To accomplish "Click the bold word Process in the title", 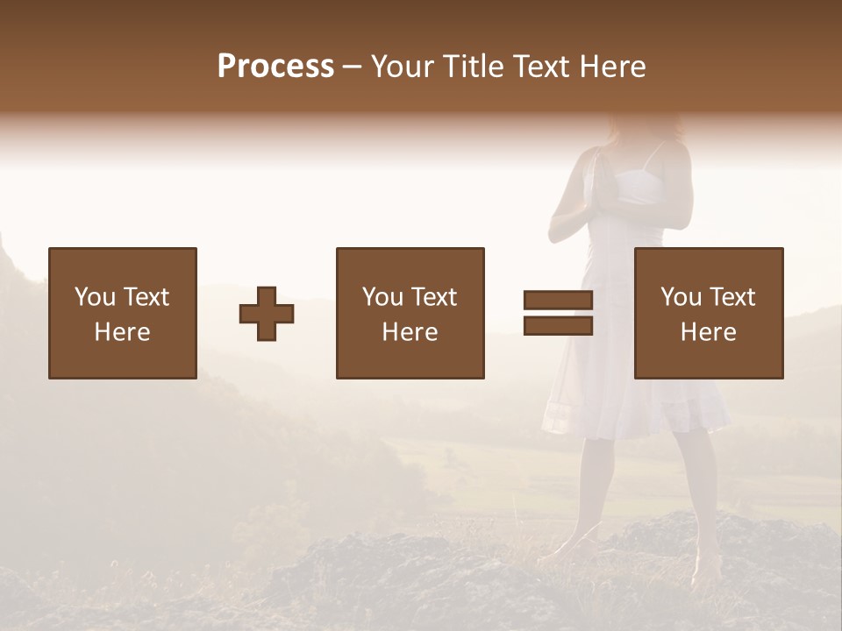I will click(x=275, y=67).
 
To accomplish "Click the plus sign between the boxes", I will click(x=267, y=314).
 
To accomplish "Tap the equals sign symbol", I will click(x=558, y=313).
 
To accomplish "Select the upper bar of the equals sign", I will click(x=558, y=300).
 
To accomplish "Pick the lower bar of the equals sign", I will click(x=558, y=326).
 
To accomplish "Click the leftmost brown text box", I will click(x=122, y=313).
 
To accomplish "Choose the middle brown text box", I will click(x=410, y=313).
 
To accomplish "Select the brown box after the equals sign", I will click(x=708, y=313).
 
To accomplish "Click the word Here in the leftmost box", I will click(x=122, y=332).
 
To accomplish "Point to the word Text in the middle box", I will click(x=434, y=297).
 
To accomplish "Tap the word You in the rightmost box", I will click(x=681, y=297).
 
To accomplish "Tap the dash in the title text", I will click(x=353, y=67).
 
